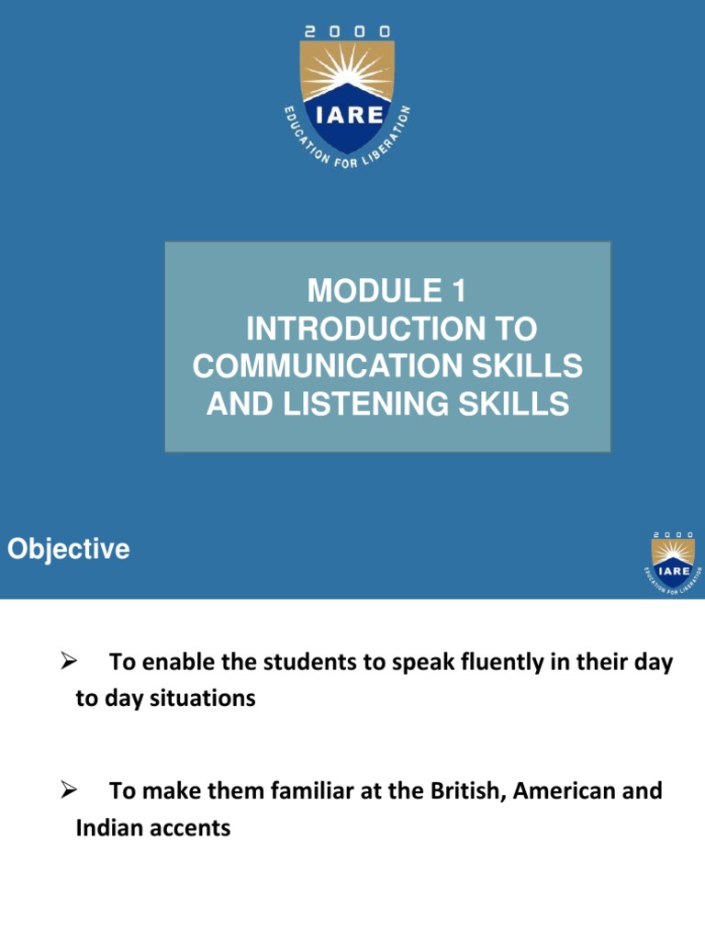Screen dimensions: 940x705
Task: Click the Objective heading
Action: [68, 550]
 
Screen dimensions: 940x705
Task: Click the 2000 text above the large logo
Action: [347, 30]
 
